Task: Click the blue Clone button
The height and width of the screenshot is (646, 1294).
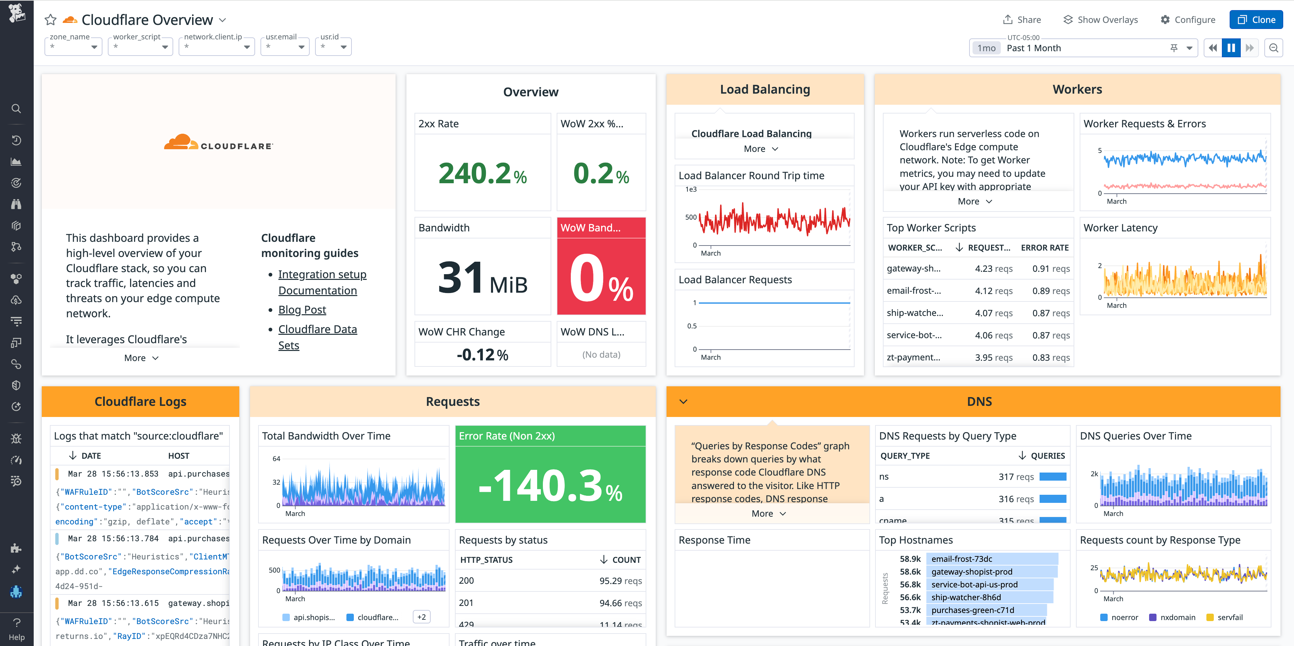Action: (x=1256, y=20)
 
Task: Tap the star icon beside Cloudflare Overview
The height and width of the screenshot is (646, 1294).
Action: (x=50, y=20)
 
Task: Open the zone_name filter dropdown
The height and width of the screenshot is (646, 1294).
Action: (x=73, y=47)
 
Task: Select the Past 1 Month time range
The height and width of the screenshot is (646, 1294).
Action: (x=1034, y=48)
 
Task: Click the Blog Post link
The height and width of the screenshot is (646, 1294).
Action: (x=302, y=310)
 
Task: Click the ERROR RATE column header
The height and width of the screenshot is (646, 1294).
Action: (x=1044, y=248)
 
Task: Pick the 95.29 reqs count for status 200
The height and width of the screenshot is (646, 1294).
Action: (x=620, y=581)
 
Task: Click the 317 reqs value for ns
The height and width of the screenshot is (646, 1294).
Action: (x=1016, y=477)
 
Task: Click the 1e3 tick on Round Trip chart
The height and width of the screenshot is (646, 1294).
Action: (x=691, y=189)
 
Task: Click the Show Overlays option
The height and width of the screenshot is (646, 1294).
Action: (x=1101, y=20)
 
